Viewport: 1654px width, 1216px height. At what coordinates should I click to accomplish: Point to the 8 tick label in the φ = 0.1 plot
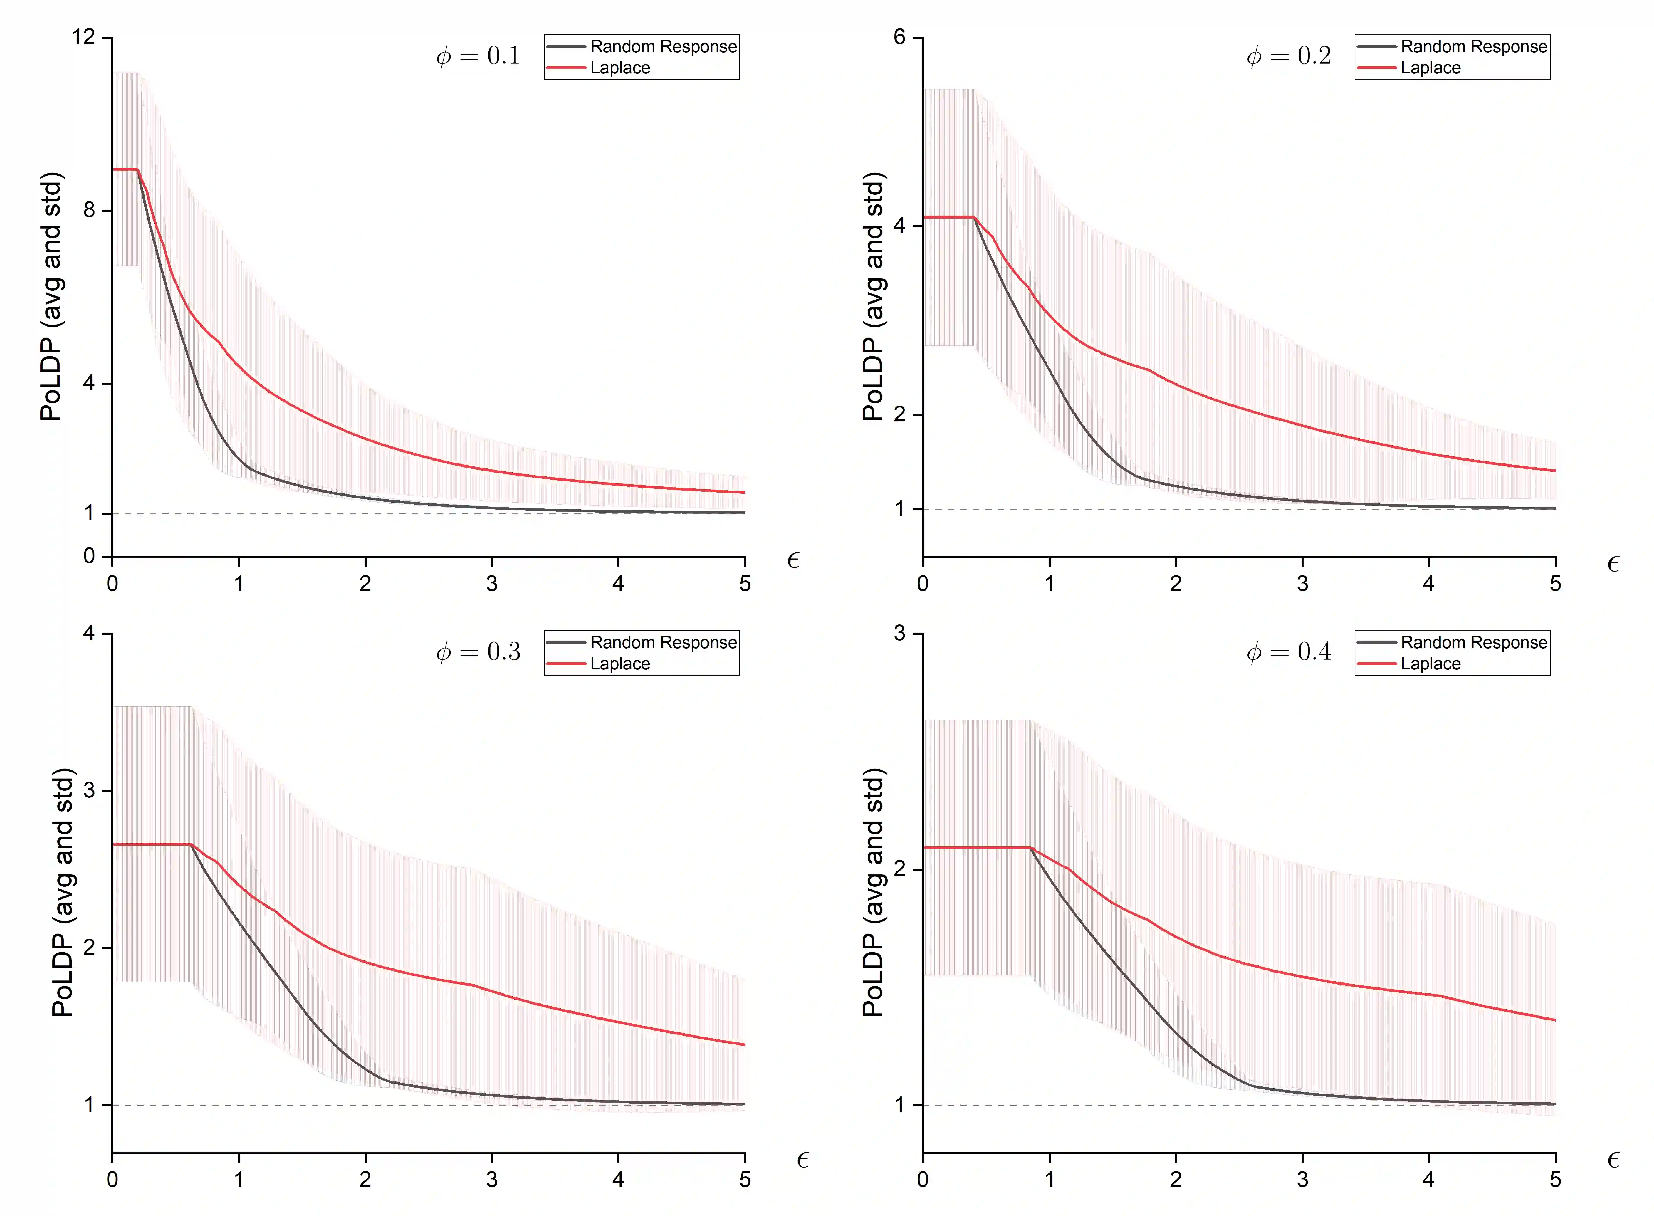tap(89, 211)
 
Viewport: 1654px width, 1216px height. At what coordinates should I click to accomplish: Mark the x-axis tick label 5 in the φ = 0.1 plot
tap(745, 584)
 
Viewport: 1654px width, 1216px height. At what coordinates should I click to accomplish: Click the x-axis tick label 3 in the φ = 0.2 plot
tap(1302, 584)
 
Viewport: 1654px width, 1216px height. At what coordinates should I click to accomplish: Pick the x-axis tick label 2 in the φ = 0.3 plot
tap(365, 1180)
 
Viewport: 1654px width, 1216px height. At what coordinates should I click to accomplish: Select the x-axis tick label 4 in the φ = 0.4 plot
tap(1429, 1180)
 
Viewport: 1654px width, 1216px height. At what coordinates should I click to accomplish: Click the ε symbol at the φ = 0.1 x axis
tap(793, 561)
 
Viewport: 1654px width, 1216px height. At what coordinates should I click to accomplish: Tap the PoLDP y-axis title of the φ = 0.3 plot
tap(63, 892)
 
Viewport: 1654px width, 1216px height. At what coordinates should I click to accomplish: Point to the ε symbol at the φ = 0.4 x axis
tap(1613, 1161)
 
